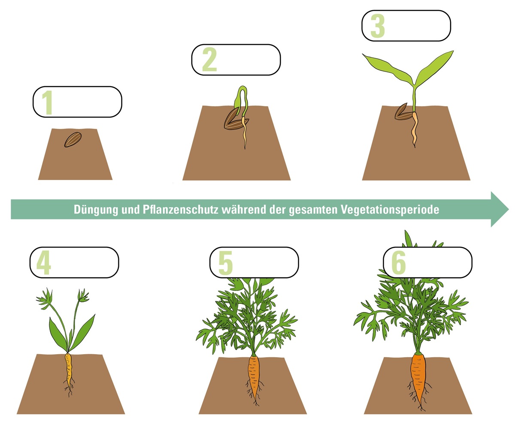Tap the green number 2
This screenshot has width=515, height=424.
coord(209,60)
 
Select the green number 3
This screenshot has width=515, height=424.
coord(377,26)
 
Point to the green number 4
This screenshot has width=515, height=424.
coord(43,262)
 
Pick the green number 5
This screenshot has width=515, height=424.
coord(225,262)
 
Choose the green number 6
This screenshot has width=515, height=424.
coord(399,262)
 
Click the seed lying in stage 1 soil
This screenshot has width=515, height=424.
coord(73,139)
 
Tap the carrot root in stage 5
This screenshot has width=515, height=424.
coord(254,375)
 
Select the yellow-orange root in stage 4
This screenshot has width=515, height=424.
coord(68,369)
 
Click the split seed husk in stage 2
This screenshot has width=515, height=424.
coord(234,120)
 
